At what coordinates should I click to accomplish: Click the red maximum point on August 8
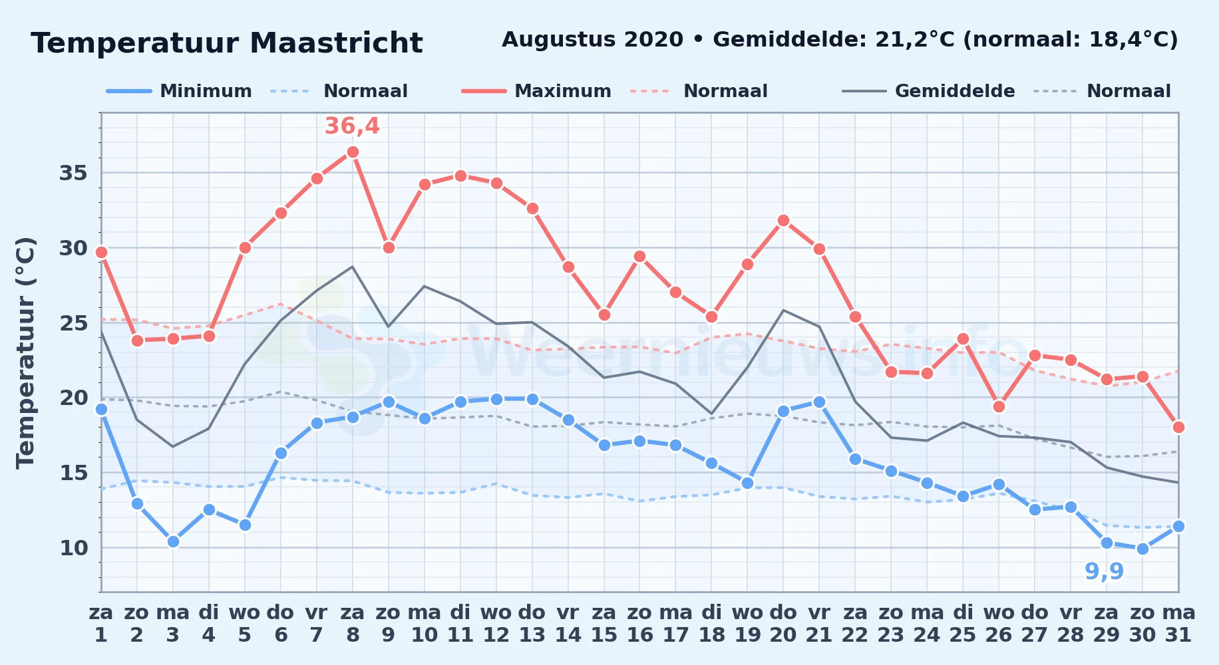click(353, 152)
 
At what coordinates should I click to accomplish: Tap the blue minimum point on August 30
click(1142, 549)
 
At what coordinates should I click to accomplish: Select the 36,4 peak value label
click(352, 126)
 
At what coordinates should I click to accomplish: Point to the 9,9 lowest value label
click(1105, 571)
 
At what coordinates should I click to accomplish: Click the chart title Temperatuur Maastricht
click(227, 43)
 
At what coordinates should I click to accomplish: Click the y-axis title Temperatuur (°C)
click(25, 352)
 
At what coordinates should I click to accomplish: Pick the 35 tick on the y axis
click(73, 173)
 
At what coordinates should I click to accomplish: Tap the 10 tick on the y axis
click(73, 548)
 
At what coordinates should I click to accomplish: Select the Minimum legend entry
click(179, 91)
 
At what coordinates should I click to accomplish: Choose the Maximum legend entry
click(536, 91)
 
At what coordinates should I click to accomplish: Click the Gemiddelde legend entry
click(928, 91)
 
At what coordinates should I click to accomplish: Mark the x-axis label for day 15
click(604, 624)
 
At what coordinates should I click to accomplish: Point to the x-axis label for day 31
click(1178, 624)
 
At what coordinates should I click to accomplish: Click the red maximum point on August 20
click(783, 221)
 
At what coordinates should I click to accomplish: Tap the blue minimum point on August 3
click(173, 542)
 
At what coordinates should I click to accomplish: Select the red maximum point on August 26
click(999, 407)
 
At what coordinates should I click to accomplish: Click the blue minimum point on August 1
click(101, 410)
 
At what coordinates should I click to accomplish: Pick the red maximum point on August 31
click(1178, 428)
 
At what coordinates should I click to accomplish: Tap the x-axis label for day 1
click(101, 624)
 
